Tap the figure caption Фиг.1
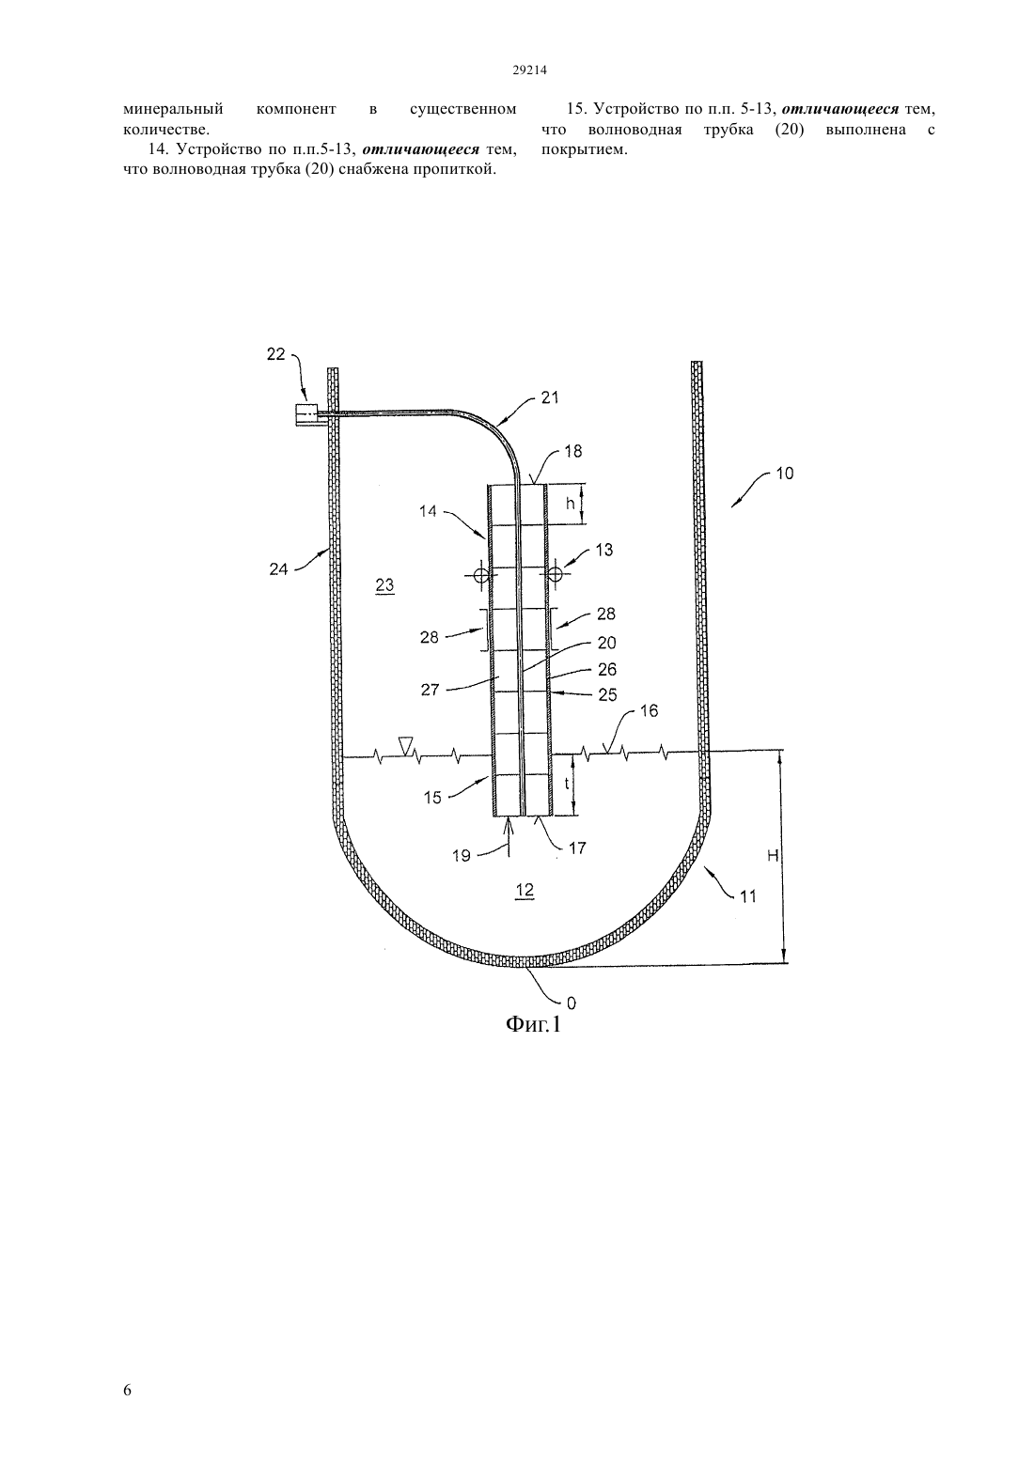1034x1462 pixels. (533, 1024)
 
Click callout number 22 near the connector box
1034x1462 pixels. (276, 353)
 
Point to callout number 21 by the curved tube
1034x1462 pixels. (550, 397)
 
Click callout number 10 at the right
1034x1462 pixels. (785, 474)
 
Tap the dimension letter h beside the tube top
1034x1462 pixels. (570, 504)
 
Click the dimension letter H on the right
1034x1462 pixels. (773, 855)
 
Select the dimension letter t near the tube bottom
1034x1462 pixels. (567, 784)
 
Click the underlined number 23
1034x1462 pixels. (385, 584)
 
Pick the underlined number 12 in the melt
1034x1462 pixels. (525, 890)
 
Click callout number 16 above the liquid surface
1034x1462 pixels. (650, 710)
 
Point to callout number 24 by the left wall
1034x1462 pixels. (279, 569)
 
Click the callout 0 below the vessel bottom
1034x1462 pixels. (572, 1003)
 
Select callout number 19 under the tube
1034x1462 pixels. (462, 855)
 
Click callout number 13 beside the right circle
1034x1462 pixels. (604, 550)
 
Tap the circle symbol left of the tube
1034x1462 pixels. (481, 575)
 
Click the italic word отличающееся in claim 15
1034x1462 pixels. (839, 108)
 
